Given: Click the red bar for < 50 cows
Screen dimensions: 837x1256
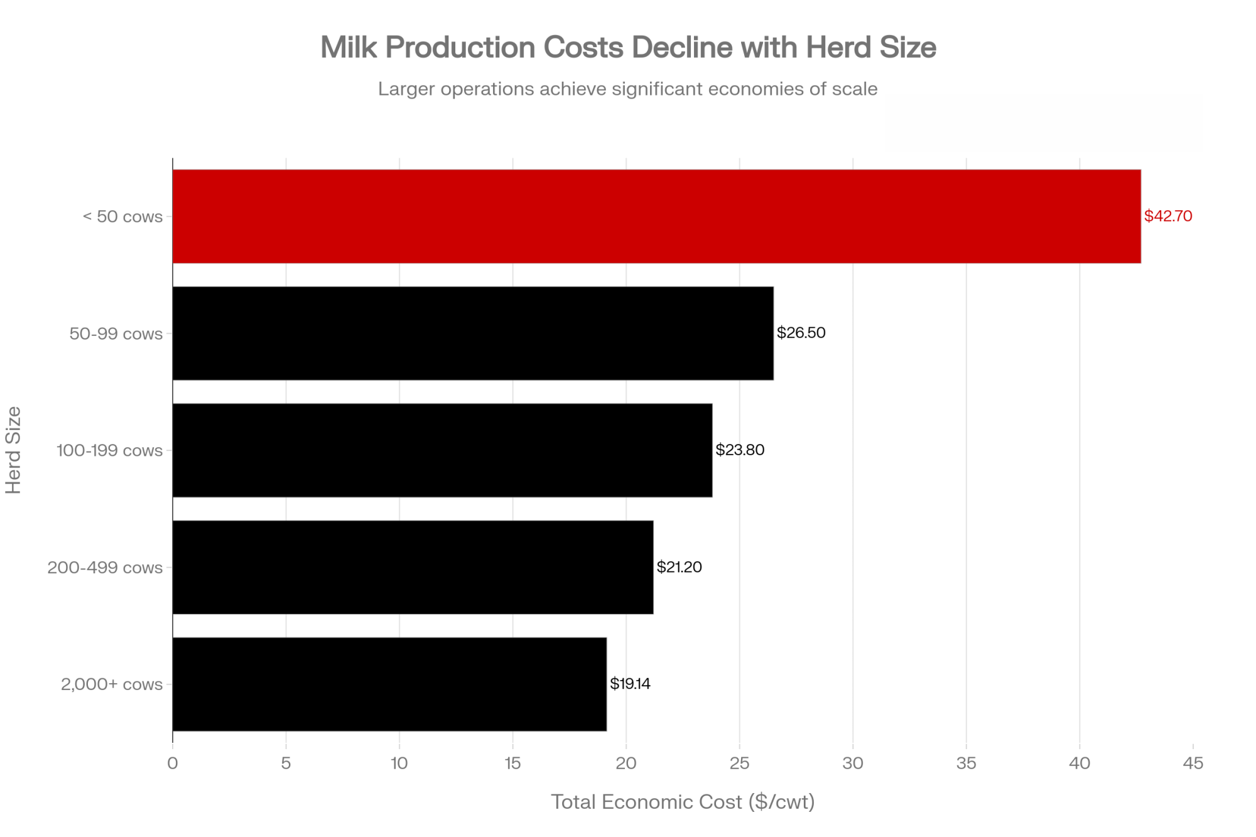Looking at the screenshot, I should click(x=656, y=216).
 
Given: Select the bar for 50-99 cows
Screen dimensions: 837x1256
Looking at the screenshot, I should click(x=473, y=333).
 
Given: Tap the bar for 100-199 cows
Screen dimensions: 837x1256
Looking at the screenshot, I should click(x=442, y=450).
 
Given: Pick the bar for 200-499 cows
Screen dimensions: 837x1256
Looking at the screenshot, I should click(x=413, y=567).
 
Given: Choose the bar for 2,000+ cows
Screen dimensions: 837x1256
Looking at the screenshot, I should click(x=389, y=684).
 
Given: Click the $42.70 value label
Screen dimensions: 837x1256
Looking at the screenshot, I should click(x=1167, y=216).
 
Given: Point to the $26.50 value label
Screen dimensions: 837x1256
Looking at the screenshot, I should click(x=801, y=333).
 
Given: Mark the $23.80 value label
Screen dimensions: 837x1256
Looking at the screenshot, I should click(x=740, y=450).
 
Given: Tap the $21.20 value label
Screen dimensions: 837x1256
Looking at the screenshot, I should click(x=679, y=567).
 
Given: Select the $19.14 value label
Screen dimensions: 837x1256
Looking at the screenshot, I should click(x=630, y=684).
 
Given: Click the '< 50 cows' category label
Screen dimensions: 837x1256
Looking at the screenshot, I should click(x=122, y=217).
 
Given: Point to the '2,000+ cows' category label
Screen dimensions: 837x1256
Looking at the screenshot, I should click(x=112, y=684).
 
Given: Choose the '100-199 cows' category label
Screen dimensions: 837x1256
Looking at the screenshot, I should click(x=109, y=451).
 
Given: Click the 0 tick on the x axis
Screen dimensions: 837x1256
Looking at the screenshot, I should click(x=173, y=764).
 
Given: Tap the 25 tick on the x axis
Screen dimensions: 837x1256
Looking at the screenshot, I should click(x=739, y=764).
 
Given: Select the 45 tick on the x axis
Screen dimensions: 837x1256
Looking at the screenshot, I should click(x=1193, y=764).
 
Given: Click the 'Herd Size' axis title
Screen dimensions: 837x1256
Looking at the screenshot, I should click(x=14, y=450).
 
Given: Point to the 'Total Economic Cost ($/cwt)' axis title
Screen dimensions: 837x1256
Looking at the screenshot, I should click(x=683, y=802).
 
